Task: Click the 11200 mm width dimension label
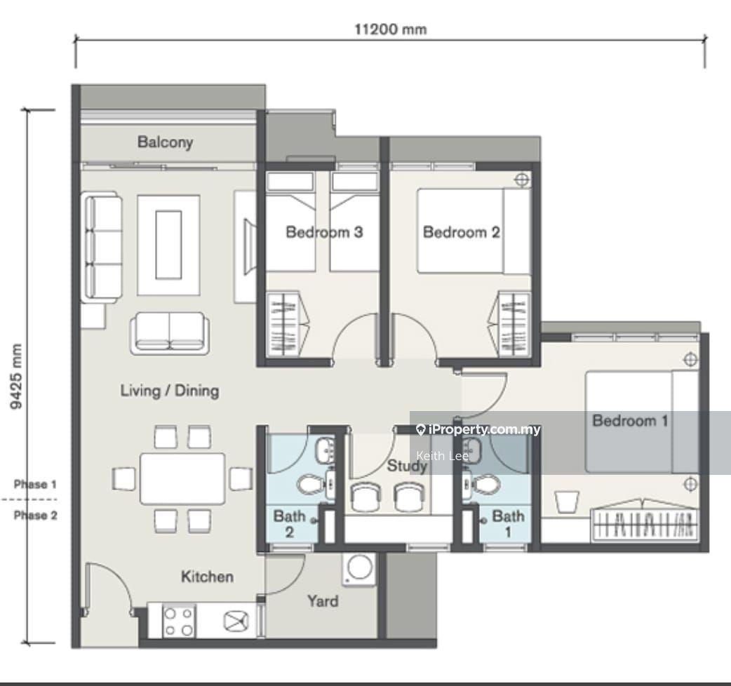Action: point(391,29)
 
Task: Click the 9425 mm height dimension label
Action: point(16,377)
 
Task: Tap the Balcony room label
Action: point(165,142)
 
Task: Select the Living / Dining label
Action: point(170,391)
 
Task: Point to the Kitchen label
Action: point(207,577)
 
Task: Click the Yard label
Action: point(323,600)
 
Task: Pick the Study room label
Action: point(407,465)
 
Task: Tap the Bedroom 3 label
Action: point(324,231)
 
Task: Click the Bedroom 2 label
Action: point(461,231)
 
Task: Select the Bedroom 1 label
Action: point(630,420)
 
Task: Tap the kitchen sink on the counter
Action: point(236,621)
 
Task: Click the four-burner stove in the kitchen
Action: point(179,621)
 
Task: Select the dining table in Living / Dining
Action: point(182,478)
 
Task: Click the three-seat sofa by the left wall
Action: point(102,247)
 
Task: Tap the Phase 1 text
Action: point(35,484)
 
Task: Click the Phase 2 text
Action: point(36,515)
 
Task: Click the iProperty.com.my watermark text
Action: point(478,430)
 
